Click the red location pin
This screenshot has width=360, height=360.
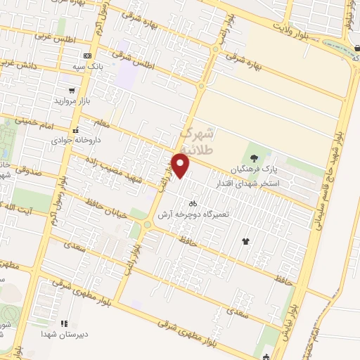point(181,166)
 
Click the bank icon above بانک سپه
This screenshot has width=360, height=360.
point(86,56)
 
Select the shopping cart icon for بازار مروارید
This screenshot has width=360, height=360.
point(72,90)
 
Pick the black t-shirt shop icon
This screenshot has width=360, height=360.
point(245,241)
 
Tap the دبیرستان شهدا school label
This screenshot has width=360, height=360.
point(64,334)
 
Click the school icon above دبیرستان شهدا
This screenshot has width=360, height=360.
point(64,323)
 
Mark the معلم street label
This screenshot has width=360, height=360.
point(101,124)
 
